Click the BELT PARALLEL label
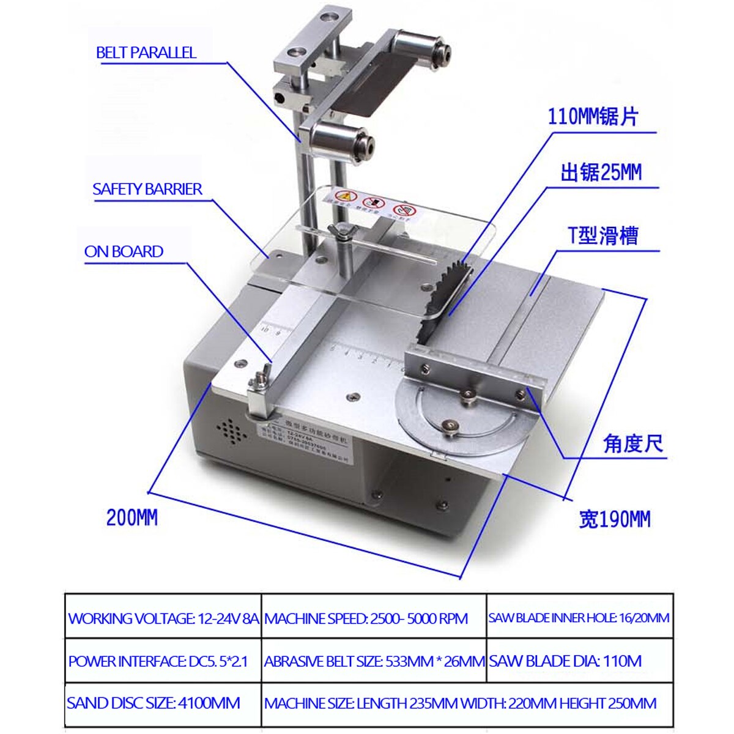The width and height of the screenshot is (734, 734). [146, 53]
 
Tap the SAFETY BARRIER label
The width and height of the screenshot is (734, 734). [147, 190]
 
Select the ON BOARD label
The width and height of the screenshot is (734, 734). [124, 252]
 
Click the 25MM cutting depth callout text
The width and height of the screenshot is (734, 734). [601, 173]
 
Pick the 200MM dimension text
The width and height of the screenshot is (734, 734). [132, 518]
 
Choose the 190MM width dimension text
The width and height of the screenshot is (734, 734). [614, 520]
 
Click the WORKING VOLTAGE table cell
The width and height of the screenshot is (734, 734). [163, 618]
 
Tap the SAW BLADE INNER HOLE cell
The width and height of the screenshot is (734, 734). [579, 618]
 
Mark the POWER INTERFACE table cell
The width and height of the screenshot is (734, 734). [158, 661]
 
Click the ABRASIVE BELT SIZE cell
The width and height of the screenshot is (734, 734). [374, 661]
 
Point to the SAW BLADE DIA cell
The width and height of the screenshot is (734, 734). [565, 661]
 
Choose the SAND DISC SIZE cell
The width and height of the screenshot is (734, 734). [154, 703]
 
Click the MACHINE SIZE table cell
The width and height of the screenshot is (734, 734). [460, 703]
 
